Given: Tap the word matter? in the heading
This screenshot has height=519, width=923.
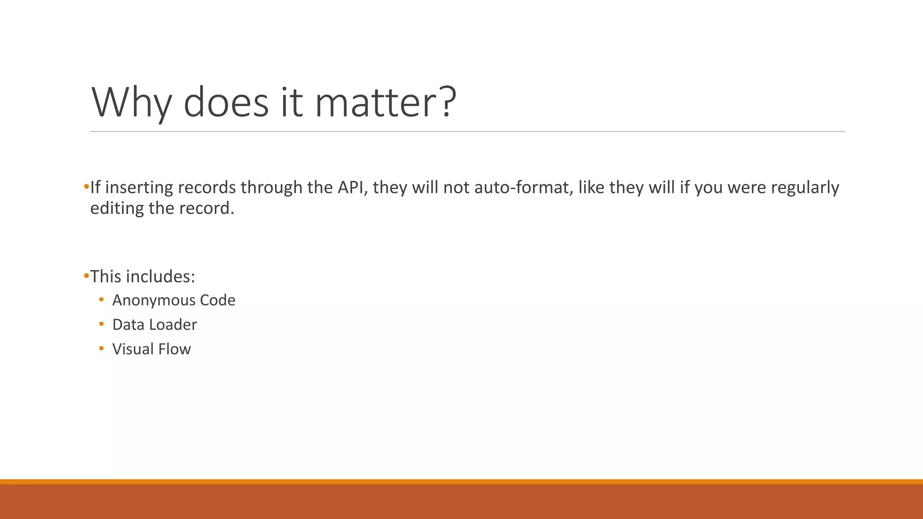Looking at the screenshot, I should coord(386,102).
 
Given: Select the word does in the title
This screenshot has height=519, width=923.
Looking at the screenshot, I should coord(226,102).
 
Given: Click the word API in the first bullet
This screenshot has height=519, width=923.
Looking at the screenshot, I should coord(352,187).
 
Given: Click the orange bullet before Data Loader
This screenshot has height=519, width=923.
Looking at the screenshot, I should coord(101,324).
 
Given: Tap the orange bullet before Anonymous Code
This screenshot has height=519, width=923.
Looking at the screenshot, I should coord(101,300).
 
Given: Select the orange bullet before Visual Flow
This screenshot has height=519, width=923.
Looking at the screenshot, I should coord(101,348).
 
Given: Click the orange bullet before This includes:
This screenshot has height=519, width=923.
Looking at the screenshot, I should coord(86,276).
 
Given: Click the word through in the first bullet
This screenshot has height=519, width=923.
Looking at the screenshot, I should coord(271,187).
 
